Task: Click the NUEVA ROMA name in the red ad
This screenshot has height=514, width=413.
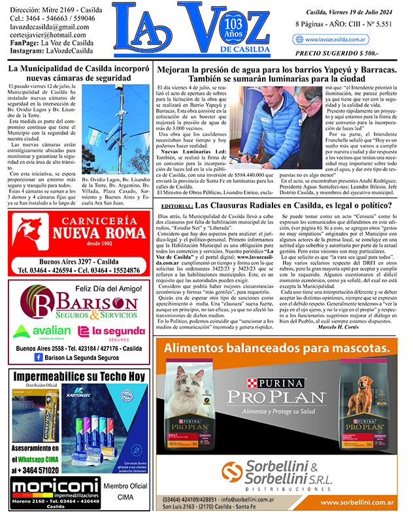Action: coord(90,233)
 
